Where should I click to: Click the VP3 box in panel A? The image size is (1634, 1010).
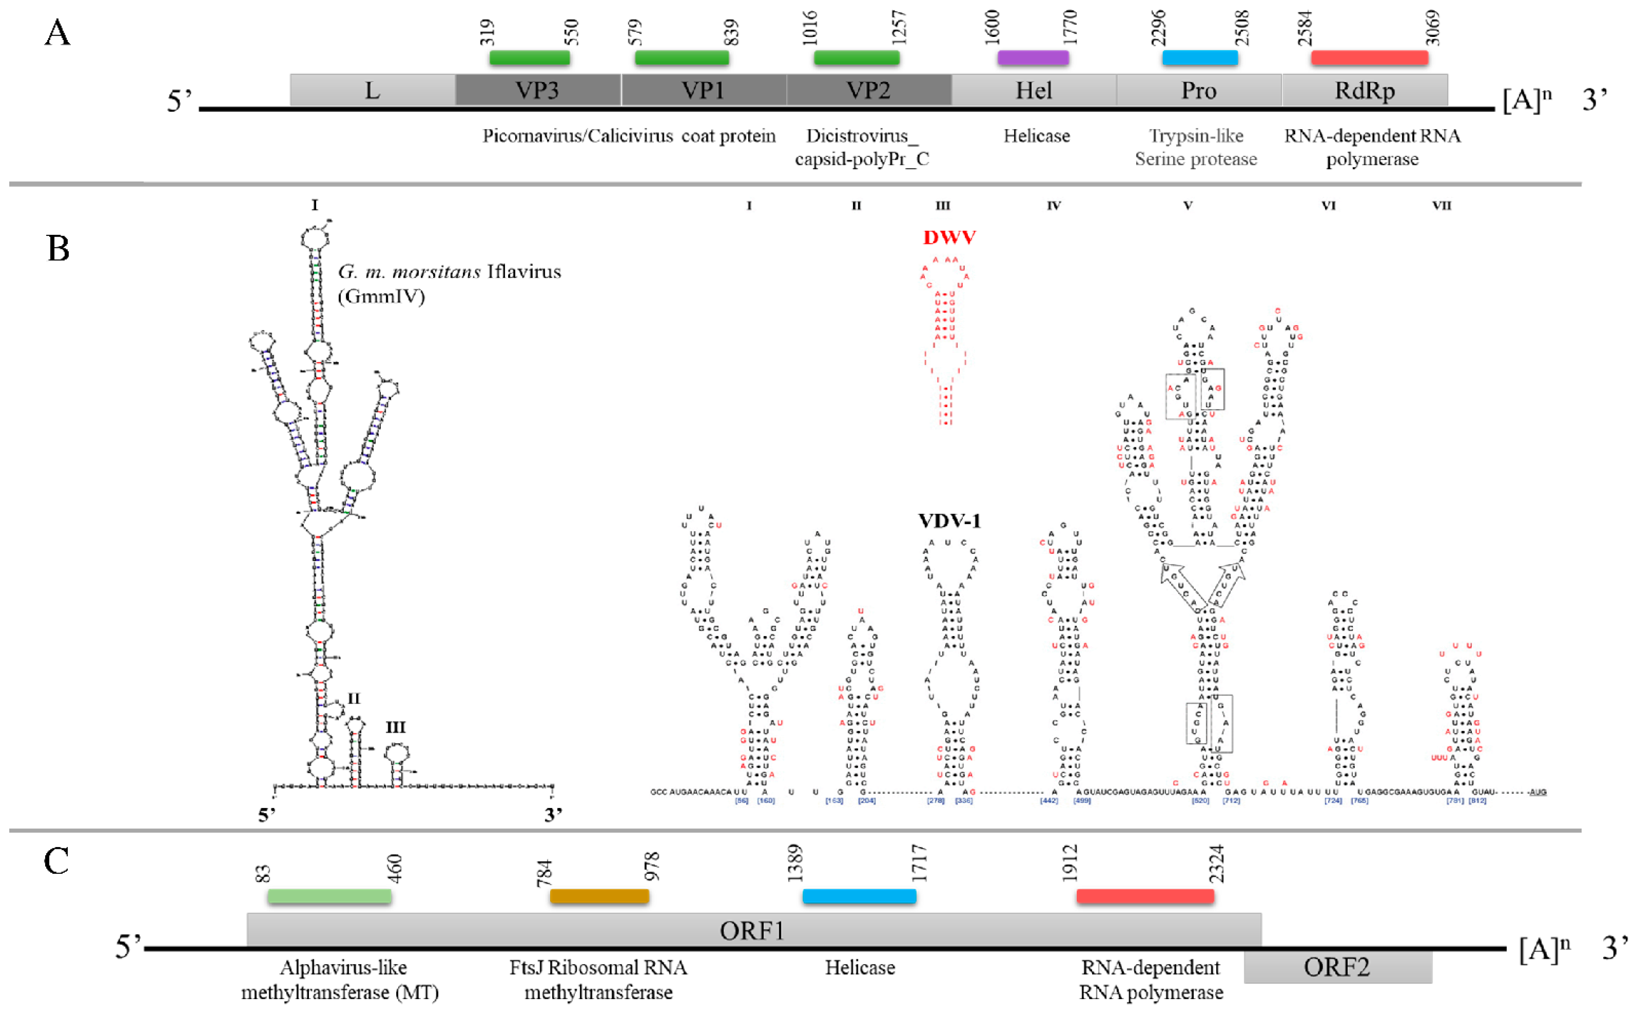[x=538, y=90]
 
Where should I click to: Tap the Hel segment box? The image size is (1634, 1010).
[x=1033, y=90]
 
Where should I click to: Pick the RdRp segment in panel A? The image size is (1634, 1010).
[x=1364, y=90]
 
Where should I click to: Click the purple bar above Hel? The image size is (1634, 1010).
[x=1033, y=58]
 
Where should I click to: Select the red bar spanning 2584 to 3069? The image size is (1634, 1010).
[x=1369, y=58]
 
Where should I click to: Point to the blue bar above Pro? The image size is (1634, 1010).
[x=1200, y=58]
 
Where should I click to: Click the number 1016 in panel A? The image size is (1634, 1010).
[x=809, y=28]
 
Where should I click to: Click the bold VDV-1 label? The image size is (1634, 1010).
[x=949, y=521]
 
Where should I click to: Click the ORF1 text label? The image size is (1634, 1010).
[x=752, y=931]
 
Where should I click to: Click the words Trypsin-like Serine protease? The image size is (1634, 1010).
[x=1196, y=148]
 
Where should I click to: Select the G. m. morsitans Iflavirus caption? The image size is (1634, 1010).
[x=449, y=283]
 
